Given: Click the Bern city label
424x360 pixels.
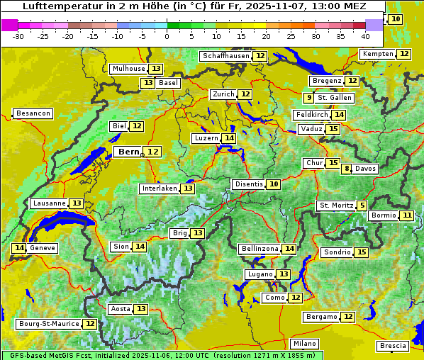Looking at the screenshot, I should click(128, 152).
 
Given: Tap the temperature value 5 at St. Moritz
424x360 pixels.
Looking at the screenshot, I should click(362, 206).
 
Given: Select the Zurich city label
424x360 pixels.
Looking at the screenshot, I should click(224, 94).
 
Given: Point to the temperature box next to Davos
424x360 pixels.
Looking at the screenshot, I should click(347, 169).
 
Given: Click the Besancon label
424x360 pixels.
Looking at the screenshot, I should click(33, 113).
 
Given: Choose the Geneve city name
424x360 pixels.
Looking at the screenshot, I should click(43, 248).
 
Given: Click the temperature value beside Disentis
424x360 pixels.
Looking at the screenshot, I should click(274, 184).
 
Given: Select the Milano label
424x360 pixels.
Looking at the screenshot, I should click(306, 343).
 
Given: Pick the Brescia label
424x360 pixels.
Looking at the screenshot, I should click(393, 346).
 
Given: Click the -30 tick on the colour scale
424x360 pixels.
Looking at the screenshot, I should click(18, 35).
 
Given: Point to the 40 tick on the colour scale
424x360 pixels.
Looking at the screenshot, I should click(365, 35).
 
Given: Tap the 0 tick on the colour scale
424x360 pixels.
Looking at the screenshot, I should click(167, 35).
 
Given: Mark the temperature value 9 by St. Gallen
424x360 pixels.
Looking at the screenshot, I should click(309, 98).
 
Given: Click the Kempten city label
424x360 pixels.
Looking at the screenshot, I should click(378, 54).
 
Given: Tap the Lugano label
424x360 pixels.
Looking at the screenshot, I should click(260, 274).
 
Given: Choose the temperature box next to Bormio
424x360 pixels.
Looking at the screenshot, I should click(406, 215).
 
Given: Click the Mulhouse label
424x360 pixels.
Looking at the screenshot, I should click(128, 69).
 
